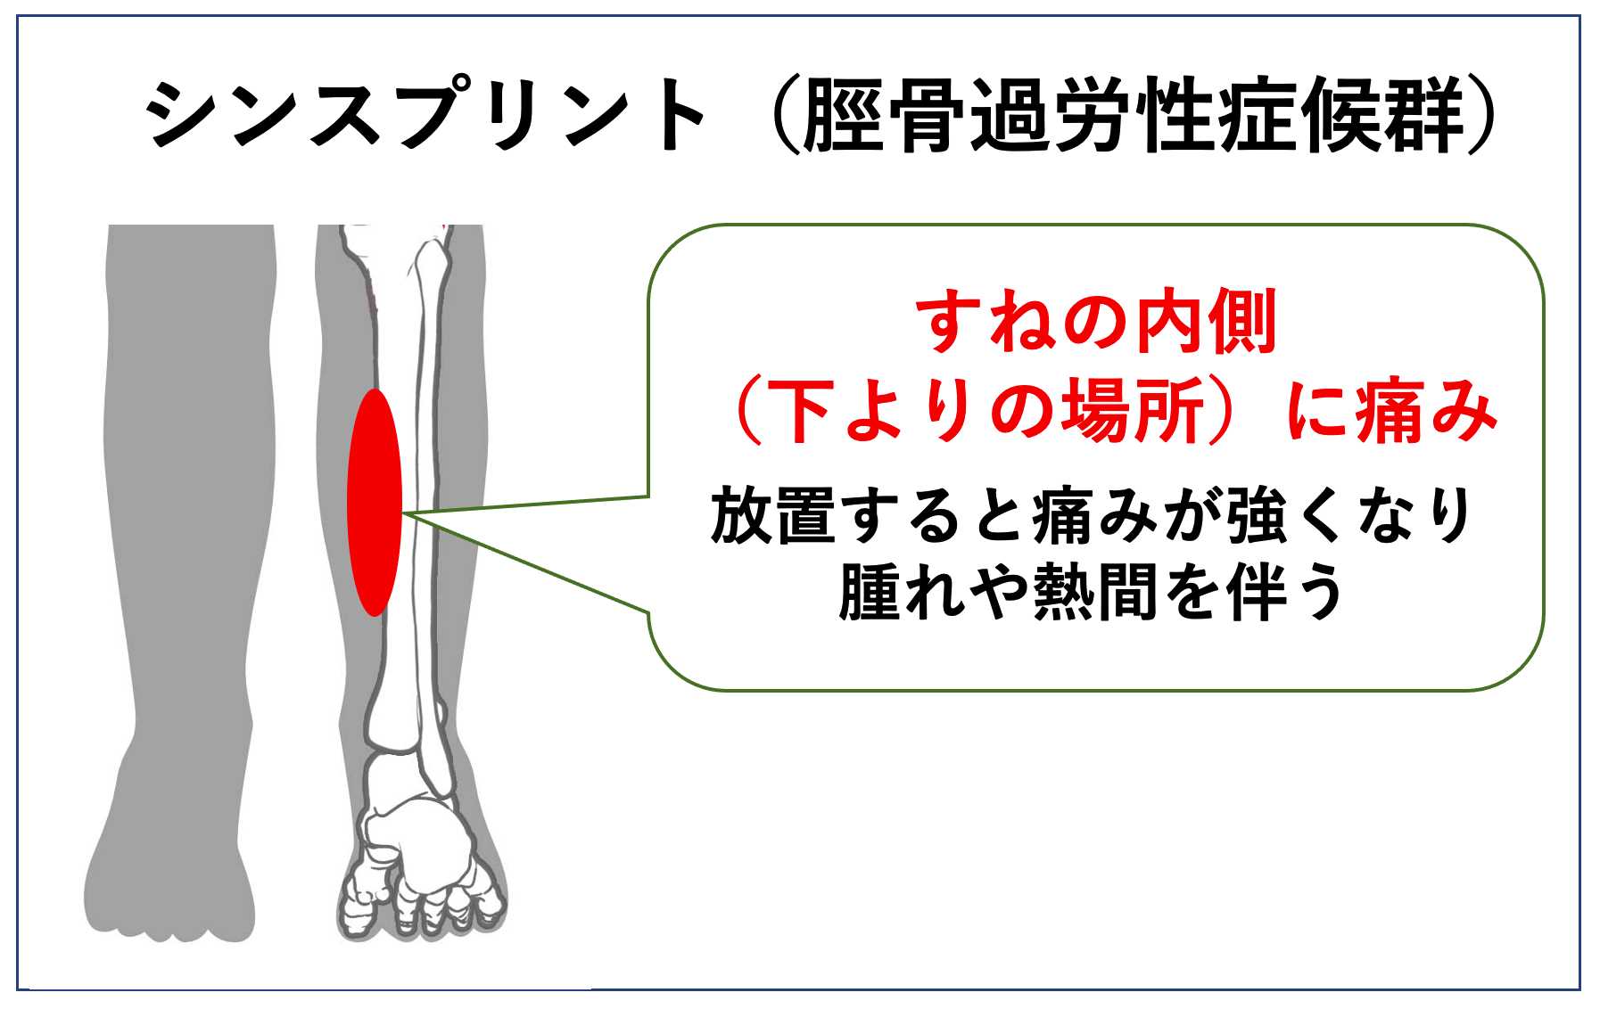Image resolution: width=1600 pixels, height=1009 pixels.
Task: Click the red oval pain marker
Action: (x=375, y=502)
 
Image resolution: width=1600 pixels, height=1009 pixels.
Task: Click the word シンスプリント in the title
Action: (x=426, y=115)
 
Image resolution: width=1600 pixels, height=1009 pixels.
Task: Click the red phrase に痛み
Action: (x=1392, y=411)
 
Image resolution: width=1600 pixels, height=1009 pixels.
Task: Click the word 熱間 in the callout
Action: (x=1096, y=592)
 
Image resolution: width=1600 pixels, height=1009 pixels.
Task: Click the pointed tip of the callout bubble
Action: (x=404, y=513)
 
